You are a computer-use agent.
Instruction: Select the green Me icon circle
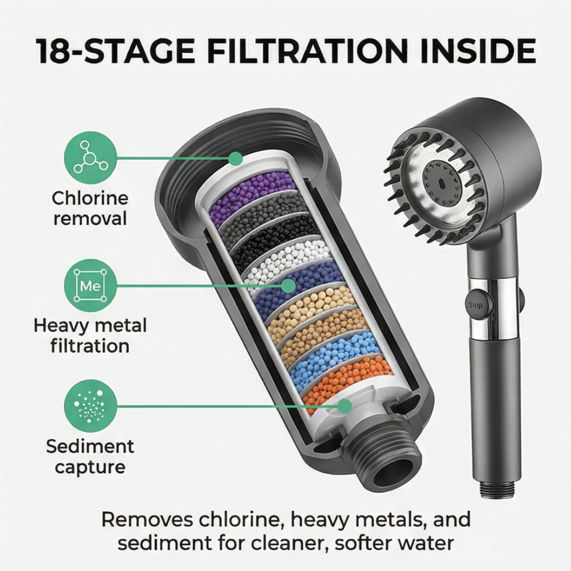coord(91,285)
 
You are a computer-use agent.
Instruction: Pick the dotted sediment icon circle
coord(91,406)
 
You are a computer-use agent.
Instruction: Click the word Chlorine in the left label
coord(90,198)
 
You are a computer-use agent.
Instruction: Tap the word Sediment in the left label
coord(90,446)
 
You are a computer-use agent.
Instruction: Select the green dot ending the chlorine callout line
coord(235,159)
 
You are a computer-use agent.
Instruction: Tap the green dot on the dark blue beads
coord(289,286)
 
